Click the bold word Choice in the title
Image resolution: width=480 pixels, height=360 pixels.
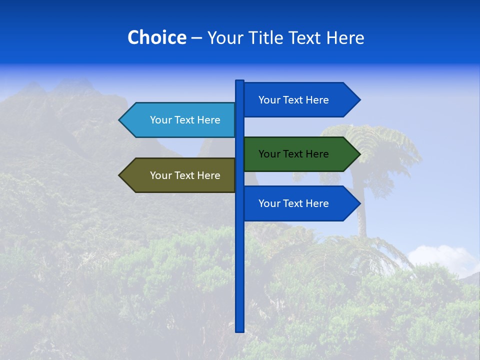[x=156, y=37]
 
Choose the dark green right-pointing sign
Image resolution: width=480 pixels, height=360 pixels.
[x=300, y=154]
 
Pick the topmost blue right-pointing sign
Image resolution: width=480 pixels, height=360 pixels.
[x=300, y=100]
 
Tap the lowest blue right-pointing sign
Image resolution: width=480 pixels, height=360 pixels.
[x=300, y=203]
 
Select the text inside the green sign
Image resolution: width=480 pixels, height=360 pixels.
[x=293, y=154]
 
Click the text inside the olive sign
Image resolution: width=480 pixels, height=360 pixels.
[x=185, y=175]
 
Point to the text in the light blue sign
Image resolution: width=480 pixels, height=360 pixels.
[x=185, y=120]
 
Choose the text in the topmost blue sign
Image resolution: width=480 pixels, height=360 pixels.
[x=293, y=100]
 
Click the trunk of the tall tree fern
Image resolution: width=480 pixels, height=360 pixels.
[x=361, y=210]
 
